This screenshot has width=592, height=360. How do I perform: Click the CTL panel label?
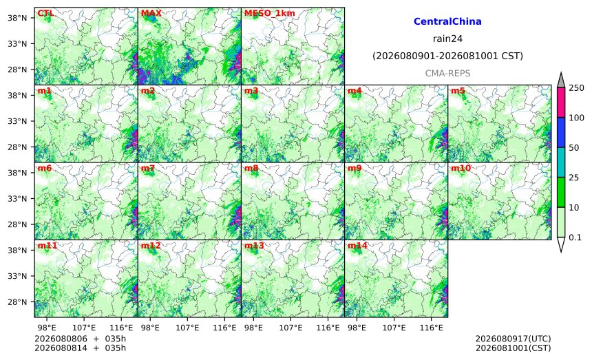(45, 14)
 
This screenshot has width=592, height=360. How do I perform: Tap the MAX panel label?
(151, 14)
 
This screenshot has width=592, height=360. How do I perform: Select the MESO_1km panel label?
(270, 14)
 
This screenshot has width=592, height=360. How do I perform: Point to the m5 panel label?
(458, 91)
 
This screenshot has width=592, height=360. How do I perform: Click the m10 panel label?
(461, 169)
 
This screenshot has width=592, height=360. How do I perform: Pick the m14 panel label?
(357, 246)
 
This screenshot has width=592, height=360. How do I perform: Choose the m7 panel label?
(148, 169)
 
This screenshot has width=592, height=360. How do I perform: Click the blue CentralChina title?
(447, 21)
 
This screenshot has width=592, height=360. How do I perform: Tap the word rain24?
(447, 39)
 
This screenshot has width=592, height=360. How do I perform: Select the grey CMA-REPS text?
(447, 73)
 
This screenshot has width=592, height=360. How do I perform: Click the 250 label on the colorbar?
(577, 88)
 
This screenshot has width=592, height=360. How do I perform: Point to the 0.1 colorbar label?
(575, 237)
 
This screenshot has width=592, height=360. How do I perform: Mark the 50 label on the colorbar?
(574, 147)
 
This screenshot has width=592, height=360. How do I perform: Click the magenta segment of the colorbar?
(561, 103)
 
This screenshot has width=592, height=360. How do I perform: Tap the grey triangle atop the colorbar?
(561, 80)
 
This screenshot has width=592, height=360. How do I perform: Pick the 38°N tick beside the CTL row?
(17, 18)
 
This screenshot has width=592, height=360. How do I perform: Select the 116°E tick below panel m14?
(431, 328)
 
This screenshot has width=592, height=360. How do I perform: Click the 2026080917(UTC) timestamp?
(513, 339)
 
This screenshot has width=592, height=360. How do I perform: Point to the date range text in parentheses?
(447, 56)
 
